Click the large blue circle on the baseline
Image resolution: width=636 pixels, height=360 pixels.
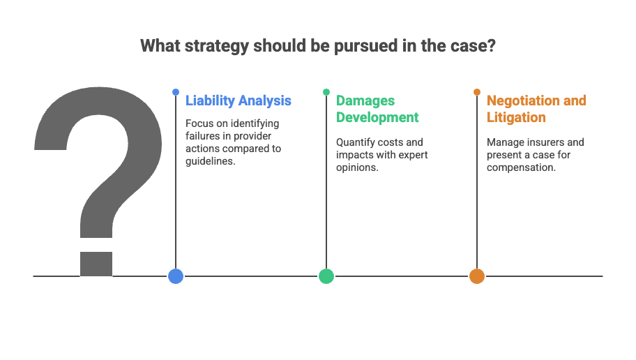(176, 276)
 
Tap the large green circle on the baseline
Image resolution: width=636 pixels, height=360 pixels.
(326, 276)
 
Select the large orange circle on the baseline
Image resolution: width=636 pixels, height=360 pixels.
(477, 276)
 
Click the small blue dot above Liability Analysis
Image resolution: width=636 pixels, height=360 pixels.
(176, 92)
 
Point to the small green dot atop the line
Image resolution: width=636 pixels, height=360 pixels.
(326, 92)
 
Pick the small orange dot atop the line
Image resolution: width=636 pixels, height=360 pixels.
(477, 92)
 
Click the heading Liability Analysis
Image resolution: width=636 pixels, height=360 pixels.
(238, 100)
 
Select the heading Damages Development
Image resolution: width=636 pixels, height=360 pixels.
(377, 109)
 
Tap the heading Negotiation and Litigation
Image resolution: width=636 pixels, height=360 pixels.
(536, 109)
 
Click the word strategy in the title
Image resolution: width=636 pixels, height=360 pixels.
(216, 46)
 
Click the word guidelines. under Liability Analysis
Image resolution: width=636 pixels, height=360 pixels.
(211, 161)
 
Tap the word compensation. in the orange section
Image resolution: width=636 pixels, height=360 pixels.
(521, 167)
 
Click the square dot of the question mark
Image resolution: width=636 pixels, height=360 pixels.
(96, 264)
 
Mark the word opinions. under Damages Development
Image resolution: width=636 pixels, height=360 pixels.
(357, 167)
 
